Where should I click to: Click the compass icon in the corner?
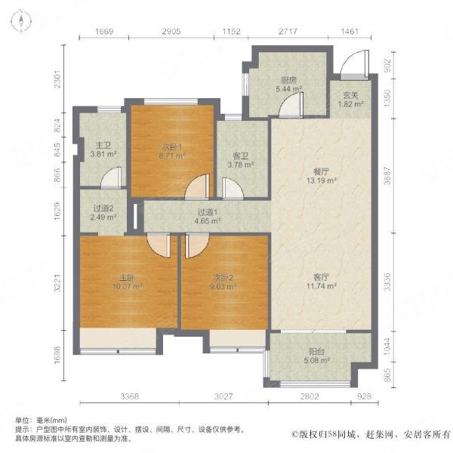(21, 21)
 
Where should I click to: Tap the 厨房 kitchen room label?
(289, 80)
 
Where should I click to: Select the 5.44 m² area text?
(289, 89)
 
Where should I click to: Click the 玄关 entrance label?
(351, 95)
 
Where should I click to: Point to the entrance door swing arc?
(347, 58)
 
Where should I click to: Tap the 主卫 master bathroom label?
(103, 145)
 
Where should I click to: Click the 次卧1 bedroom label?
(171, 147)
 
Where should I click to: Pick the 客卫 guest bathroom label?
(241, 156)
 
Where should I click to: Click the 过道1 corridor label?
(208, 212)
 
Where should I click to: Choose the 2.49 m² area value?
(103, 217)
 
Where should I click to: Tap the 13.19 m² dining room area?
(322, 181)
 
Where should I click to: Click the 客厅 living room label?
(322, 278)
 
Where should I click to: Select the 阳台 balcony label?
(317, 352)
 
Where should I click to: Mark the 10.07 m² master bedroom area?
(128, 287)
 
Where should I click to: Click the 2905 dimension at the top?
(171, 31)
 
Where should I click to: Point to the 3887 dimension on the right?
(387, 175)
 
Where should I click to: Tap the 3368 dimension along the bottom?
(129, 396)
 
